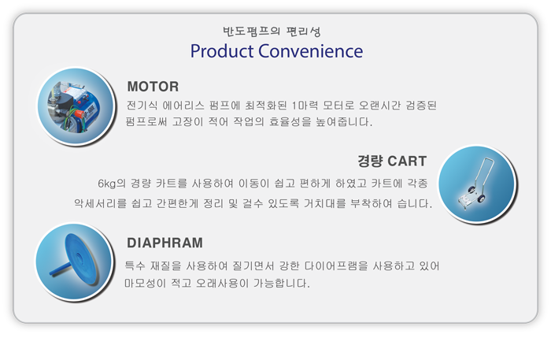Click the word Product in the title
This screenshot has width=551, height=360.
click(222, 51)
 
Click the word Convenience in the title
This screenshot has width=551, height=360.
click(311, 51)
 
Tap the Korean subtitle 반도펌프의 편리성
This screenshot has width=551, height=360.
click(272, 32)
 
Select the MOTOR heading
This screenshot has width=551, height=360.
click(153, 87)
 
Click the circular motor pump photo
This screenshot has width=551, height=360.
click(76, 106)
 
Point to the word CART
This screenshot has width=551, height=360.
click(407, 161)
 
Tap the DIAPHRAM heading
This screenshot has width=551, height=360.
click(165, 243)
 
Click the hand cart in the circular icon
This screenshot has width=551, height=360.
click(475, 184)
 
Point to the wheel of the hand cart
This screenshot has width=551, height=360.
click(482, 199)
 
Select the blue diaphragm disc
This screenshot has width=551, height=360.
click(82, 259)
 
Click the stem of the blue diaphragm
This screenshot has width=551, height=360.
click(61, 269)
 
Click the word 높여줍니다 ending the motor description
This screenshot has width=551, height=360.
click(344, 122)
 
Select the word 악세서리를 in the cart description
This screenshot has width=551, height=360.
click(100, 203)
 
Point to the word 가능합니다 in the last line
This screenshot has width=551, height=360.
click(282, 283)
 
